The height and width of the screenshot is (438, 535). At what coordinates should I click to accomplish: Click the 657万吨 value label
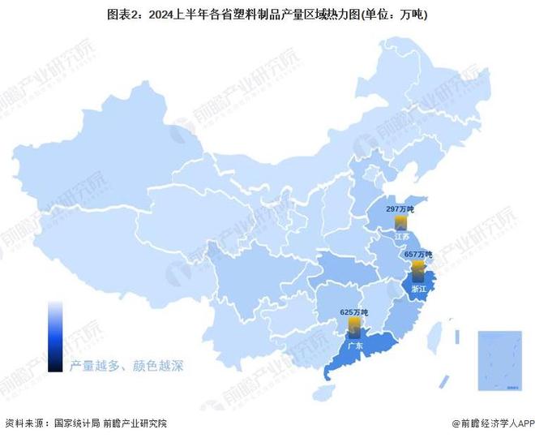[417, 255]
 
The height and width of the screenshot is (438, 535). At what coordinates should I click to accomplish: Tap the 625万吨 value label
[353, 312]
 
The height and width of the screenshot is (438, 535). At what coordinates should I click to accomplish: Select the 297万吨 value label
[400, 209]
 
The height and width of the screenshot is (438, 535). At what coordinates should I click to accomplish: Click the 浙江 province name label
[419, 288]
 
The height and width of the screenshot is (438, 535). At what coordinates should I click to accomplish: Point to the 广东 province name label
[355, 345]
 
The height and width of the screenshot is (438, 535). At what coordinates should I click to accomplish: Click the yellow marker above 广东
[354, 326]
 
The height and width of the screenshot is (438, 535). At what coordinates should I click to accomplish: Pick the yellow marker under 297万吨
[400, 222]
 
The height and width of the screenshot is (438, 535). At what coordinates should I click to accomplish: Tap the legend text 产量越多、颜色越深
[126, 366]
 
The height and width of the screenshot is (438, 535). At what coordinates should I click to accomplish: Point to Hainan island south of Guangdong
[325, 393]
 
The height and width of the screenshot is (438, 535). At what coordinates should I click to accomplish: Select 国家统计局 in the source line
[77, 423]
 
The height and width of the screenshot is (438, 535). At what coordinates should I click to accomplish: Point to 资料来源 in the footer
[24, 423]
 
